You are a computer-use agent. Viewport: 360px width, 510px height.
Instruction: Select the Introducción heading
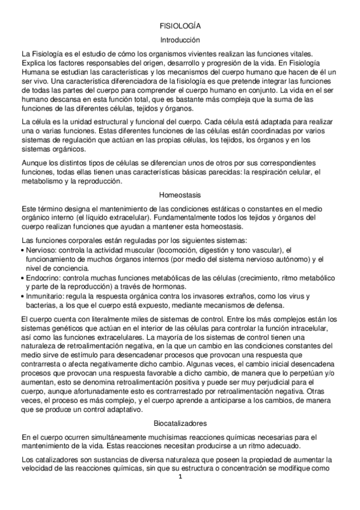tap(180, 40)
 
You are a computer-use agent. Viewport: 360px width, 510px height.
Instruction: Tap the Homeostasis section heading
tap(180, 195)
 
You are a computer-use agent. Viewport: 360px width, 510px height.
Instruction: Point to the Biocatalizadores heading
tap(180, 423)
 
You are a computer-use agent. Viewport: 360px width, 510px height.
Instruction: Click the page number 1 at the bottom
tap(180, 478)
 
